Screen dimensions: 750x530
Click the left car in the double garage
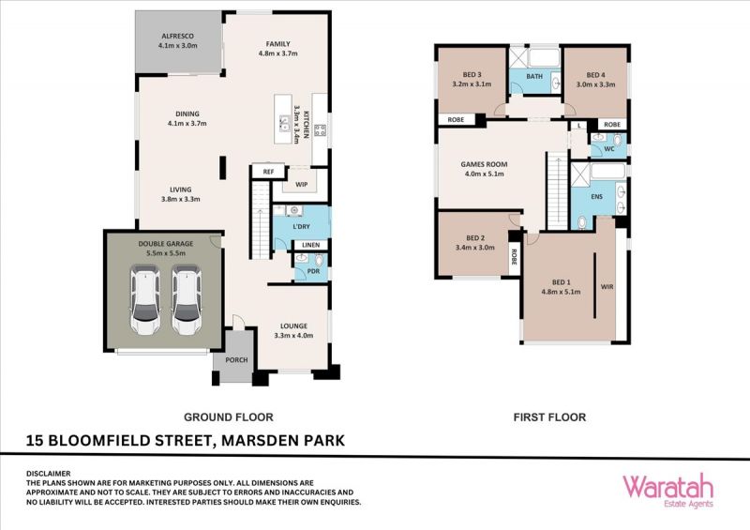click(145, 300)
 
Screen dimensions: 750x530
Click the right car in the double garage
click(187, 300)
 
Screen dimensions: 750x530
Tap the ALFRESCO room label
click(177, 36)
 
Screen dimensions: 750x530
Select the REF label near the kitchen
click(268, 172)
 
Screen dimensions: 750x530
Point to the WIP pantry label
click(301, 184)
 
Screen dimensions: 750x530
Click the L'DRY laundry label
click(301, 226)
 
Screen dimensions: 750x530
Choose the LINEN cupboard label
click(311, 245)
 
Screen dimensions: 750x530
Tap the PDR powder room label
click(313, 271)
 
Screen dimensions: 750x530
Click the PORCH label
click(237, 360)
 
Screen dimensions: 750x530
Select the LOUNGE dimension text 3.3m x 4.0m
click(293, 336)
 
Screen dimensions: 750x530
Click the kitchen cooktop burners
click(320, 129)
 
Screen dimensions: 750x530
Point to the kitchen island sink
click(284, 123)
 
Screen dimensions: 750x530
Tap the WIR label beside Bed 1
click(607, 287)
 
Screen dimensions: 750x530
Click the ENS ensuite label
click(597, 197)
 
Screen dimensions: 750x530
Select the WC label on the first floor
click(609, 149)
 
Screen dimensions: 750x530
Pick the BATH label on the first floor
click(534, 76)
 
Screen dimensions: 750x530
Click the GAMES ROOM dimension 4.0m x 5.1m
click(484, 174)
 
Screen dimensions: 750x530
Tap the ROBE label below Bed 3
click(456, 120)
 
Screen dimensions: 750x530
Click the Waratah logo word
click(667, 486)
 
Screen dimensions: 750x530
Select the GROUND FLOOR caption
click(229, 417)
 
